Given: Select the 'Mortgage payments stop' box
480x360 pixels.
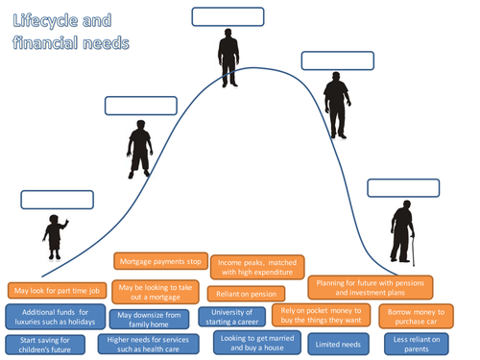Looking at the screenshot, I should (160, 260).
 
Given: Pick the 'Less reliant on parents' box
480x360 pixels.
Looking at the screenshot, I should (417, 344).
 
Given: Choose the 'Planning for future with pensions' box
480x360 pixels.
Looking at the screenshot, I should (370, 287).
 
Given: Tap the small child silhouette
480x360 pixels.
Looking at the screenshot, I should (55, 235).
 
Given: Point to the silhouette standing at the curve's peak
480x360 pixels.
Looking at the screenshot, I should (228, 58).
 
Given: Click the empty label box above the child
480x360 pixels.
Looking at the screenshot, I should (53, 200).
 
